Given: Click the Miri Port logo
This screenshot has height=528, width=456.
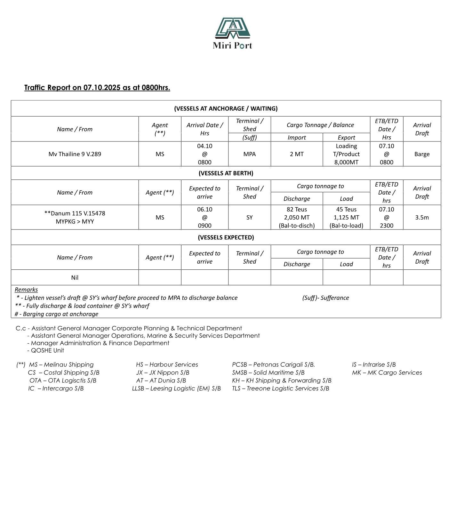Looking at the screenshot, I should click(x=232, y=33).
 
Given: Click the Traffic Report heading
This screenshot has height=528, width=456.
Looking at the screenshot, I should click(x=97, y=88).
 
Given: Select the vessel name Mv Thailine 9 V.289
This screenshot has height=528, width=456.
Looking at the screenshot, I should click(x=75, y=154).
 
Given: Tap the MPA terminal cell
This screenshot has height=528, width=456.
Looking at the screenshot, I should click(x=249, y=154).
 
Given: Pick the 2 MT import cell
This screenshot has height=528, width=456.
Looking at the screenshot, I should click(x=297, y=154).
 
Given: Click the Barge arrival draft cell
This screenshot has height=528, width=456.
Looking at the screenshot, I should click(x=422, y=154).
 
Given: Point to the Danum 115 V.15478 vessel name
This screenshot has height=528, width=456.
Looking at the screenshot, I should click(x=75, y=213).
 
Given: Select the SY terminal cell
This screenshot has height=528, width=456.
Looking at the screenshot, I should click(x=249, y=218).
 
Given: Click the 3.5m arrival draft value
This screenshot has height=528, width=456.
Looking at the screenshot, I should click(x=422, y=218).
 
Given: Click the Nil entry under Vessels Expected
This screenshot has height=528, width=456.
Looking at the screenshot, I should click(x=75, y=278).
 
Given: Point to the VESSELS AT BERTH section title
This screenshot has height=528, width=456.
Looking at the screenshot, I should click(x=226, y=173).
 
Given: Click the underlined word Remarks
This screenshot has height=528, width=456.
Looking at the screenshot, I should click(x=26, y=290).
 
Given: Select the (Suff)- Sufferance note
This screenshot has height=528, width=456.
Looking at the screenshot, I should click(x=325, y=298).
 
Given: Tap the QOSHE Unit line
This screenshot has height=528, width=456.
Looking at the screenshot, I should click(x=47, y=350).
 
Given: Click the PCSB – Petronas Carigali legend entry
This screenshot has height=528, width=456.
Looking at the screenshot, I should click(x=273, y=365).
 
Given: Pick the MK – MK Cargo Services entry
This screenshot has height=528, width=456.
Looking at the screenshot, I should click(x=387, y=373).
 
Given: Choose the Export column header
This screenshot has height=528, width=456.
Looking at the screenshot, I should click(x=346, y=138).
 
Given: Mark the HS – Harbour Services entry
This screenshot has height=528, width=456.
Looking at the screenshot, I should click(x=167, y=365).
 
